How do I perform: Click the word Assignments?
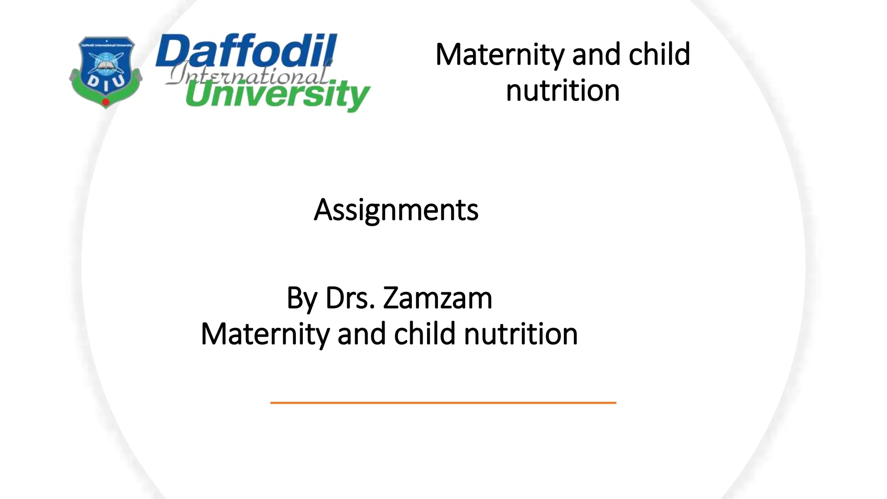click(x=396, y=211)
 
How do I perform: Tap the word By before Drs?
click(x=302, y=298)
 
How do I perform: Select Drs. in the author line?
click(x=350, y=298)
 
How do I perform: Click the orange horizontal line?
click(x=443, y=403)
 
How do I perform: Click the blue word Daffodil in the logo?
click(x=246, y=51)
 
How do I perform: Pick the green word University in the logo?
click(x=277, y=95)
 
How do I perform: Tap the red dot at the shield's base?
click(x=105, y=102)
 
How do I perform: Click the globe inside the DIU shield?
click(x=106, y=63)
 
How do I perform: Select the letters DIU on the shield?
click(x=106, y=83)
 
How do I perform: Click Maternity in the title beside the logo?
click(x=500, y=55)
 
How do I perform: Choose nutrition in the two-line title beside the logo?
click(x=563, y=91)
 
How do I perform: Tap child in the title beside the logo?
click(x=659, y=55)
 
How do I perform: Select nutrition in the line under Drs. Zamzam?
click(x=521, y=334)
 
